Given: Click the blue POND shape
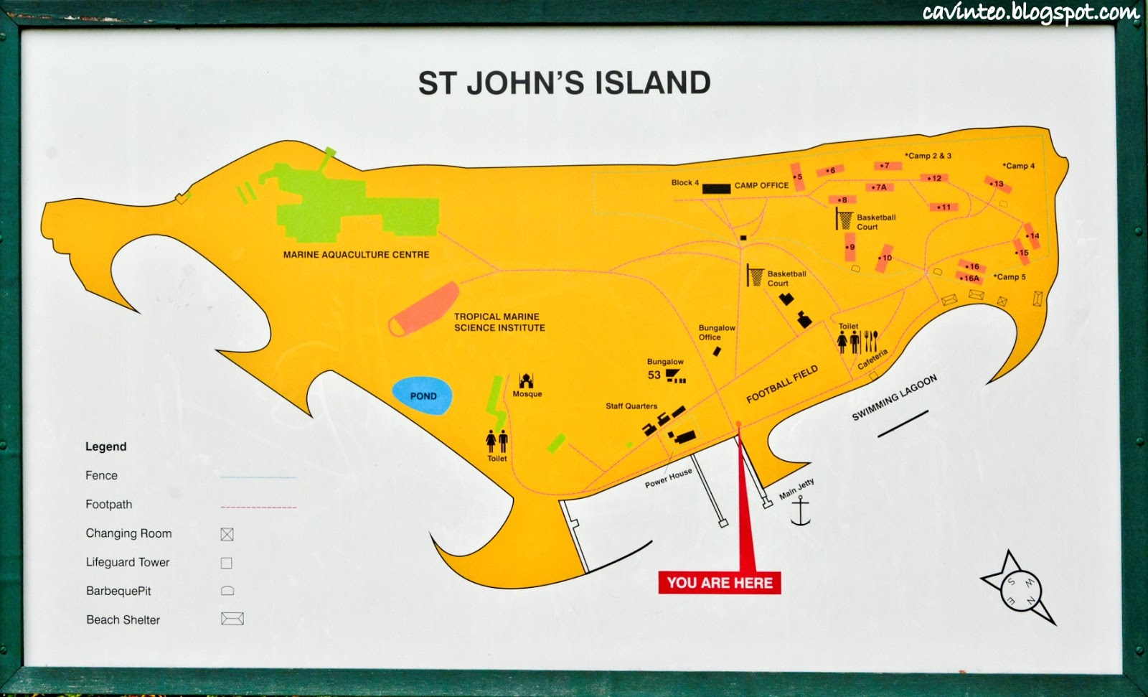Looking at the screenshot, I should [x=422, y=396].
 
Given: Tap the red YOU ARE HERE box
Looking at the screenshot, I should [x=720, y=583].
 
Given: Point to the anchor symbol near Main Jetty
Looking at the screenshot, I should [x=799, y=511].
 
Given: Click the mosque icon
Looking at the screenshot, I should [x=526, y=380].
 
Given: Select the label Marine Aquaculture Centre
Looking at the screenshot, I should [x=356, y=255].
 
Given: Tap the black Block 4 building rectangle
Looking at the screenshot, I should [x=716, y=189].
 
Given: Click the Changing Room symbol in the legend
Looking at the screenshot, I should [x=227, y=534].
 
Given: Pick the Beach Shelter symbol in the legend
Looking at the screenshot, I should [x=232, y=619].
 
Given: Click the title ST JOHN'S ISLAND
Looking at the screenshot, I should [x=564, y=83].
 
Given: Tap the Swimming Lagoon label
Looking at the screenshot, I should [x=894, y=397].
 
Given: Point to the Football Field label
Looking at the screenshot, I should [x=782, y=385].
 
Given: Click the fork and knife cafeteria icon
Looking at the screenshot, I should [x=870, y=340].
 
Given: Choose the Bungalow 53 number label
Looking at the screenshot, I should [x=654, y=375].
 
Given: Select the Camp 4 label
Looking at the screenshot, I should [x=1019, y=166].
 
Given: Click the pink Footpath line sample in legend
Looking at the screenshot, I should [x=258, y=507].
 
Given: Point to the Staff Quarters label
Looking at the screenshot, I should [x=631, y=406].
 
